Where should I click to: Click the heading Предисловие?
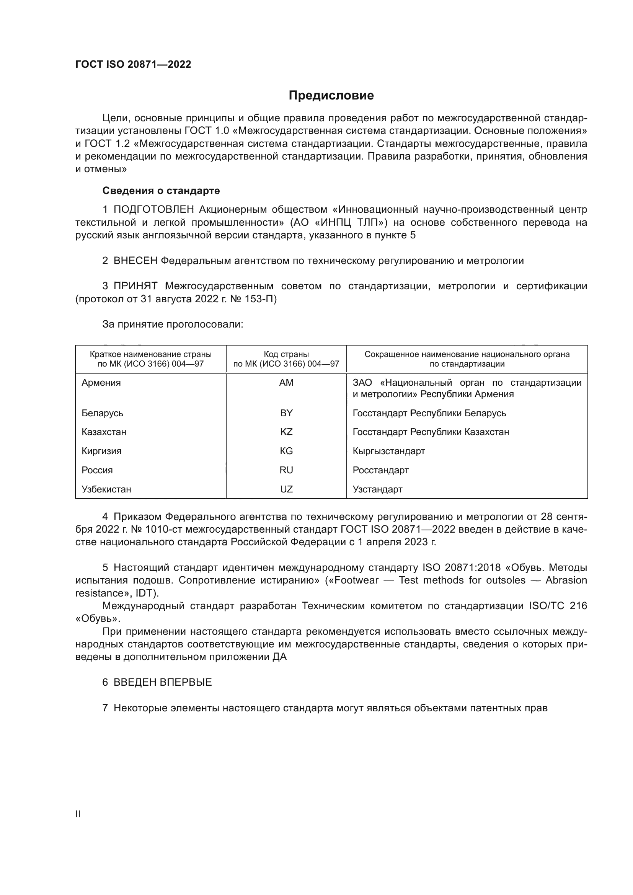[x=331, y=96]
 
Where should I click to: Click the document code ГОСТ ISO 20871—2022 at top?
[x=133, y=65]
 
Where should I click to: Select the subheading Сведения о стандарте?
[x=161, y=191]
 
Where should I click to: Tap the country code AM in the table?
[x=286, y=382]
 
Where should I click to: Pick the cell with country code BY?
[x=286, y=413]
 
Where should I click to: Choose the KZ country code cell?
[x=286, y=432]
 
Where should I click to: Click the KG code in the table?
[x=286, y=451]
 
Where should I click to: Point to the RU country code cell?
[x=286, y=470]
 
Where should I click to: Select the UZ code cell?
[x=286, y=489]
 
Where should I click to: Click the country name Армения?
[x=101, y=382]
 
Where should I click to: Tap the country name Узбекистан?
[x=106, y=489]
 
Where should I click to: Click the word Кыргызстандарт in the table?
[x=388, y=451]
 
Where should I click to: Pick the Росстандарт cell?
[x=380, y=470]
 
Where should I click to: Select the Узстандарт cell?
[x=377, y=489]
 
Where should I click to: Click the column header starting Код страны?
[x=286, y=359]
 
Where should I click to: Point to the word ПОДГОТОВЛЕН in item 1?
[x=153, y=210]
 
